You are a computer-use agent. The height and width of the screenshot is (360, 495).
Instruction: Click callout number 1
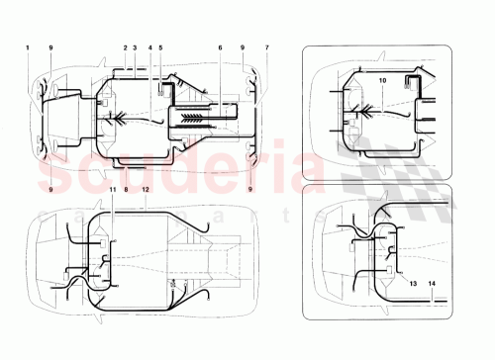[x=29, y=47]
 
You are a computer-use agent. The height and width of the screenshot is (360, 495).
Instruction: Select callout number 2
[x=126, y=47]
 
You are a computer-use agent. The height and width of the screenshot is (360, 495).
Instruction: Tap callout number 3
[x=136, y=47]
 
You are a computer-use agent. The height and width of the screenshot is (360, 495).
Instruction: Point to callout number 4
[x=149, y=47]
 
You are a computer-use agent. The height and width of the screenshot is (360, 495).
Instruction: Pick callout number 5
[x=160, y=47]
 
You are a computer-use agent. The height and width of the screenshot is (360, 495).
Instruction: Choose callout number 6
[x=220, y=47]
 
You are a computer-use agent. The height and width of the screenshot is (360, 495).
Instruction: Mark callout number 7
[x=266, y=47]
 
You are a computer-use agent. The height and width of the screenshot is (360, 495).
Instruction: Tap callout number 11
[x=112, y=188]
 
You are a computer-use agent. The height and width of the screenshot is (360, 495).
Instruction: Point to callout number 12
[x=145, y=188]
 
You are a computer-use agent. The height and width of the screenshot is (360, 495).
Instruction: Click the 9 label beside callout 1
[x=50, y=47]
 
